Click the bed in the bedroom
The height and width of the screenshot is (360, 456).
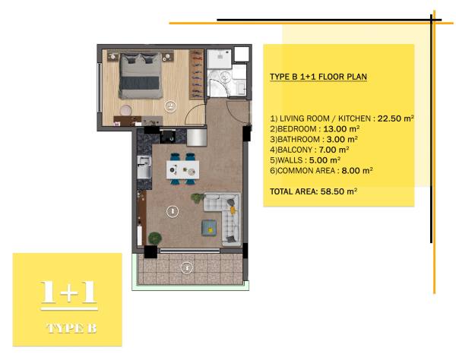click(x=140, y=76)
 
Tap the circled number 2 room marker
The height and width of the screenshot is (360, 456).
click(x=170, y=106)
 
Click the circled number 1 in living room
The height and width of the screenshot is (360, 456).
click(x=173, y=211)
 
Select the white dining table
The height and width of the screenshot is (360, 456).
click(x=182, y=169)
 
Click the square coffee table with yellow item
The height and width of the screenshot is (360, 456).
click(x=209, y=228)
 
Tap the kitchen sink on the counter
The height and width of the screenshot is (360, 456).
click(x=144, y=167)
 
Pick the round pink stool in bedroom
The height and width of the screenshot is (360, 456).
click(x=126, y=110)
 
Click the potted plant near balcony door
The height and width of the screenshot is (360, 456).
click(x=155, y=238)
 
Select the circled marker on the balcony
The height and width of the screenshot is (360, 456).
click(x=186, y=267)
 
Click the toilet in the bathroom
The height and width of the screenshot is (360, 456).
click(x=225, y=77)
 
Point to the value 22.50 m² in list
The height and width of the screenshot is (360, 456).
click(x=395, y=118)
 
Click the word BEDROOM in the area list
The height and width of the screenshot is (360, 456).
click(x=296, y=128)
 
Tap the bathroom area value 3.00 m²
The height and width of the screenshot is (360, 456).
click(x=342, y=139)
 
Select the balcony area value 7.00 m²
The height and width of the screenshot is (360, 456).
click(x=334, y=150)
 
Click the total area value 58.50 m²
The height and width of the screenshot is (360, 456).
click(x=339, y=191)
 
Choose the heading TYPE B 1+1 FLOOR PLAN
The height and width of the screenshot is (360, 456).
click(x=318, y=77)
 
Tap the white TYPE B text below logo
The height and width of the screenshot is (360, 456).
click(x=71, y=328)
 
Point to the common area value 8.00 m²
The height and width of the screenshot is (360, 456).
click(x=357, y=171)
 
